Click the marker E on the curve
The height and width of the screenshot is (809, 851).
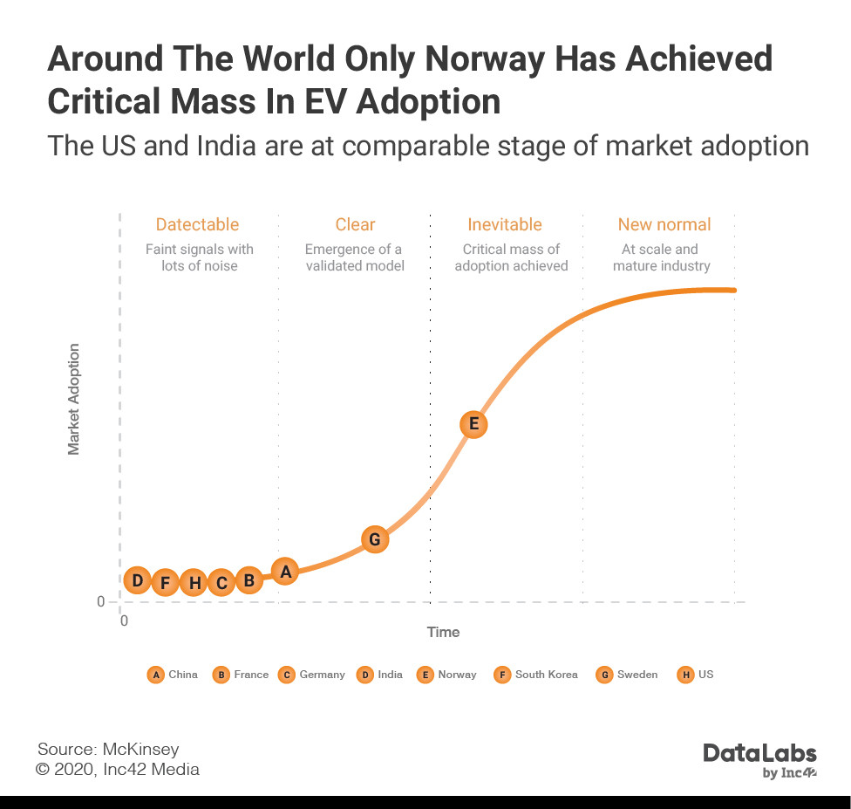[473, 424]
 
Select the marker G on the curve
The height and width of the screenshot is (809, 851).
[374, 539]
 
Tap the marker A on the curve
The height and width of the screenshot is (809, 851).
[284, 572]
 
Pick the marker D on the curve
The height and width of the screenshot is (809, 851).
[137, 579]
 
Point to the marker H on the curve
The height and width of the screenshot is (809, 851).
[194, 582]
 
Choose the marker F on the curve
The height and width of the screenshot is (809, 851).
[165, 582]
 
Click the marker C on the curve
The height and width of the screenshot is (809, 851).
[221, 582]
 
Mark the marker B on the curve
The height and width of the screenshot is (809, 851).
[248, 579]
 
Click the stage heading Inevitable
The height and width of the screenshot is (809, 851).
[505, 224]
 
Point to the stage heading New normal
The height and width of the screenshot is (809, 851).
[664, 224]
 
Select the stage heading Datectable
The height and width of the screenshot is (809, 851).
[197, 224]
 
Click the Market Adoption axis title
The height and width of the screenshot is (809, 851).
[74, 399]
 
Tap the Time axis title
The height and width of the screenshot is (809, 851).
[443, 632]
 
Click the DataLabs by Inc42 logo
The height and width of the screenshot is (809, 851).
[759, 760]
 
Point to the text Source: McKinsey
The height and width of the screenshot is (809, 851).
[108, 749]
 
